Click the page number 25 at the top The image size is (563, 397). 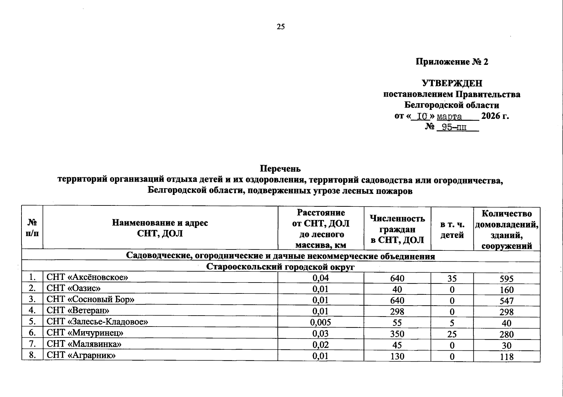click(280, 27)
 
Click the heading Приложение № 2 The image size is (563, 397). click(452, 62)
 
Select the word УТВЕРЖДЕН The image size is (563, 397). click(452, 83)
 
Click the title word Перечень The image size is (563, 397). click(280, 169)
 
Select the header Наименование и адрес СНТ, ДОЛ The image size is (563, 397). click(160, 228)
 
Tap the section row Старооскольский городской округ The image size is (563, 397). click(280, 267)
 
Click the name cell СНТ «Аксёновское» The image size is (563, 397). click(87, 277)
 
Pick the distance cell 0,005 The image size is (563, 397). click(321, 323)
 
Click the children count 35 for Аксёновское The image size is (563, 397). click(452, 279)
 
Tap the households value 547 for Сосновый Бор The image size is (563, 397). click(506, 301)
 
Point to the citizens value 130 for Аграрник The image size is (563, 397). click(397, 357)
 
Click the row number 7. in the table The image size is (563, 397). click(32, 344)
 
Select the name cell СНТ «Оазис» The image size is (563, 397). click(73, 288)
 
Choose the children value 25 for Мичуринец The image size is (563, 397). click(452, 334)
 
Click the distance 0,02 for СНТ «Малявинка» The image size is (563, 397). click(321, 345)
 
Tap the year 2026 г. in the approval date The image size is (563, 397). click(495, 116)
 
